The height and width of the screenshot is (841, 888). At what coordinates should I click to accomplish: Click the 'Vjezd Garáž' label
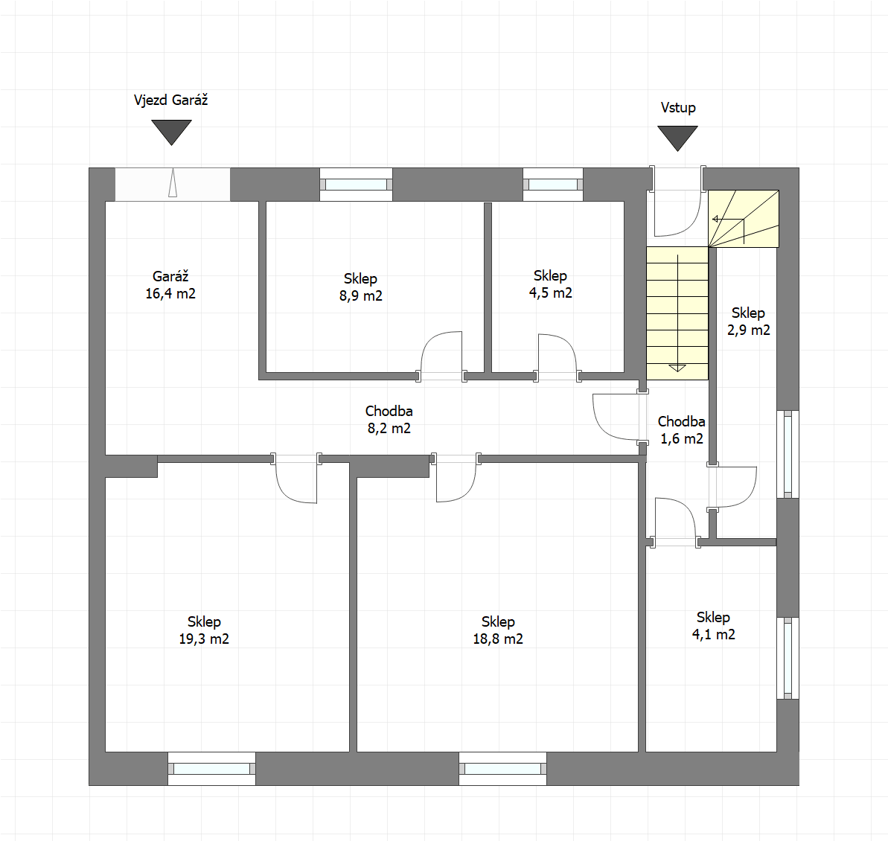pos(170,100)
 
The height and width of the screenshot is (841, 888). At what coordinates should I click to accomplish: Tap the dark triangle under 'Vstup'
pos(677,138)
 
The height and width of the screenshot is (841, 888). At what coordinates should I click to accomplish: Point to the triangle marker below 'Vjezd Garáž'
pos(172,132)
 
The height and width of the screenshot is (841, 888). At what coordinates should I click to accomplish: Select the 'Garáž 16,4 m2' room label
pos(170,285)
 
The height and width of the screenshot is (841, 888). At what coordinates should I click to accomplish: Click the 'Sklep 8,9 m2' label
pos(361,287)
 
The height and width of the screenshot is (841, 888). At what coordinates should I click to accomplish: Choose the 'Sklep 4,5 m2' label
pos(551,284)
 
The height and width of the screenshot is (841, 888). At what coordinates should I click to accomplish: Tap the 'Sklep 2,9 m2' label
pos(748,321)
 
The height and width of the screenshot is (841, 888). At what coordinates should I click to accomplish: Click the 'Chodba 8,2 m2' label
pos(389,420)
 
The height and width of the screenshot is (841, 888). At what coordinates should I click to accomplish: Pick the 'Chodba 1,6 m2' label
pos(681,430)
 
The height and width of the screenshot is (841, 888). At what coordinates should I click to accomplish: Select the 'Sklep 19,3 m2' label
pos(204,630)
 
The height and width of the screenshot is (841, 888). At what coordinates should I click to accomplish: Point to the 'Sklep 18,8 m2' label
pos(498,630)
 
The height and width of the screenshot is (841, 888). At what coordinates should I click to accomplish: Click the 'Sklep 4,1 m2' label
pos(714,626)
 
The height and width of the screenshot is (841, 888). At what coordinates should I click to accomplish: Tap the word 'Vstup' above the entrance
pos(678,108)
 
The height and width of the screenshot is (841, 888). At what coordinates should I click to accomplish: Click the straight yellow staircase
pos(677,313)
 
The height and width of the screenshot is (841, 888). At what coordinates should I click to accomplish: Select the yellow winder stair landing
pos(744,219)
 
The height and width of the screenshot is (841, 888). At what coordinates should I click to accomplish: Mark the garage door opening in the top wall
pos(173,184)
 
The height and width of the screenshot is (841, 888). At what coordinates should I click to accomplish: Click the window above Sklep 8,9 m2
pos(357,185)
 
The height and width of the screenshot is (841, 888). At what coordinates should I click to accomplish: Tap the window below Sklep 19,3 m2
pos(212,769)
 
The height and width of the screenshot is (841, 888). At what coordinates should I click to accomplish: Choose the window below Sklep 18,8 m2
pos(503,769)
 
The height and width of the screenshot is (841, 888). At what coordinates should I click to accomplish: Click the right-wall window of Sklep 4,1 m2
pos(788,658)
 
